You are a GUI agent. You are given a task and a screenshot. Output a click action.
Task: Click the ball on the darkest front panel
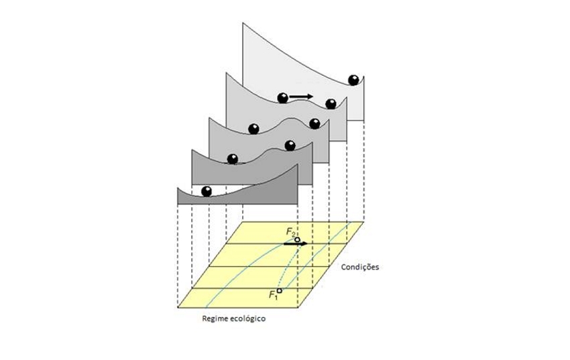click(x=207, y=191)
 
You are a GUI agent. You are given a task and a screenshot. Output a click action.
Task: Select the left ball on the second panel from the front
click(x=232, y=160)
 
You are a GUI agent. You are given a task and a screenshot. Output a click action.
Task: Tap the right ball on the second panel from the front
click(x=290, y=145)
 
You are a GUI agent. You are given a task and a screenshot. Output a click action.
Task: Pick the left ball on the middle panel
click(x=253, y=129)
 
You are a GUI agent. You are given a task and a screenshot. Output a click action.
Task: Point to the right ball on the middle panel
click(x=314, y=123)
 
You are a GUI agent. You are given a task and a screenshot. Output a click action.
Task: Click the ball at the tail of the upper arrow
click(x=283, y=98)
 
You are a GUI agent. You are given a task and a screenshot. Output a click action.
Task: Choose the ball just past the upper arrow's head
click(x=330, y=103)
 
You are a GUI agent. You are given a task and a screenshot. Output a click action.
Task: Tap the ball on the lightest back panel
click(x=353, y=80)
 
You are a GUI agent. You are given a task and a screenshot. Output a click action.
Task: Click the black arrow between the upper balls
click(x=302, y=97)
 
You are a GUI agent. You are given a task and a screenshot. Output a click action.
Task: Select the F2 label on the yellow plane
click(x=290, y=232)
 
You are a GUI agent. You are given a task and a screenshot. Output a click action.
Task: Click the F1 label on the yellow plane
click(x=272, y=295)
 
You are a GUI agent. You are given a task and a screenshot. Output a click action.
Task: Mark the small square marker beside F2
click(x=297, y=239)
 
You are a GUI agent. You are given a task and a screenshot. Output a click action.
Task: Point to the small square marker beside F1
click(x=279, y=291)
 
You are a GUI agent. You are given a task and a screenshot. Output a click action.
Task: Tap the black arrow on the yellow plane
click(x=296, y=244)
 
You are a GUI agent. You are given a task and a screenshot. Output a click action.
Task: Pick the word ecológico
click(x=249, y=319)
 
